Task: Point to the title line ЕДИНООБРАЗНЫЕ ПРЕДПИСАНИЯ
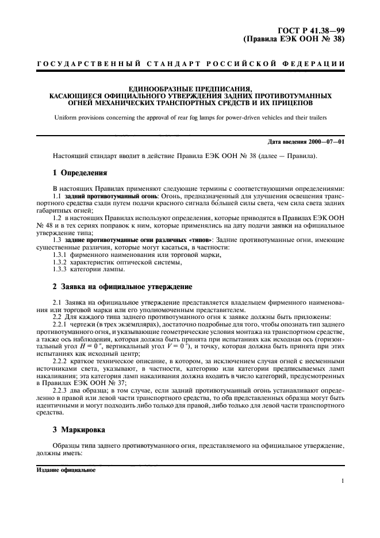(190, 89)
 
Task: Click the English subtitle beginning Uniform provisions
(190, 117)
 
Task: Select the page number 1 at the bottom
(342, 482)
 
